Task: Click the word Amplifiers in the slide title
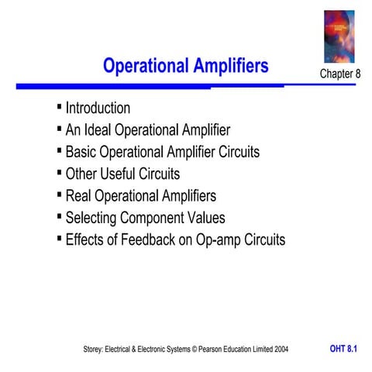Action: tap(230, 66)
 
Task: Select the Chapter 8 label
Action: tap(340, 73)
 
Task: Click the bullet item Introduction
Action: tap(98, 108)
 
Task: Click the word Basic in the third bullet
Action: tap(82, 152)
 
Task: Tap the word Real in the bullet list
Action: tap(80, 195)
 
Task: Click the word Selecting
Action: tap(94, 218)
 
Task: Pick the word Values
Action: tap(205, 218)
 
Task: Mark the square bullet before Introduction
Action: tap(60, 106)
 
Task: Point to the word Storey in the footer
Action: tap(95, 350)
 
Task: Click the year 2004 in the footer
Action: tap(280, 350)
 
